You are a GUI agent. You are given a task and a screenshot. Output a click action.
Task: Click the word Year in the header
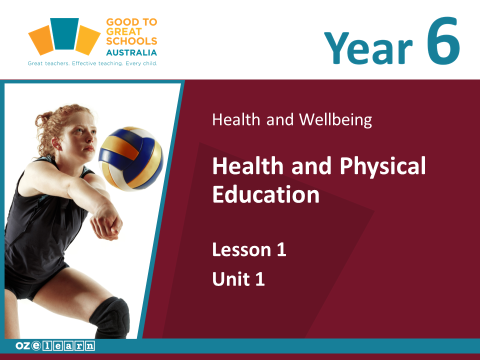(x=368, y=48)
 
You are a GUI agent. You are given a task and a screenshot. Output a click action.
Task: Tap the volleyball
(x=130, y=158)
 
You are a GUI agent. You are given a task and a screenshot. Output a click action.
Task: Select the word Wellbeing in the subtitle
(x=335, y=119)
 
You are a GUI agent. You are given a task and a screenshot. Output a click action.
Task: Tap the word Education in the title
(x=265, y=194)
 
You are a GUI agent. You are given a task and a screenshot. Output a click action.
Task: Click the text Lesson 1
(x=249, y=249)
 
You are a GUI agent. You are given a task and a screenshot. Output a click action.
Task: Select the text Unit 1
(x=238, y=279)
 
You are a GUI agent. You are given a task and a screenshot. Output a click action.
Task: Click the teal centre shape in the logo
(x=64, y=33)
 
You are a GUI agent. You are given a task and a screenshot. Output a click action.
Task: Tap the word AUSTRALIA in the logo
(x=131, y=52)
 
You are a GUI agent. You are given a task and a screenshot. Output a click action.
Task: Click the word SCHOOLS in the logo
(x=131, y=41)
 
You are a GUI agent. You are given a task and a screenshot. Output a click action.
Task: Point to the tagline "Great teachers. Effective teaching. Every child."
(x=92, y=63)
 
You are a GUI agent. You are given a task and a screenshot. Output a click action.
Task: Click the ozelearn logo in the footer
(x=55, y=346)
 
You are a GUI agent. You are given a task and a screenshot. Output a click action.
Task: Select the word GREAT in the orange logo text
(x=124, y=31)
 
